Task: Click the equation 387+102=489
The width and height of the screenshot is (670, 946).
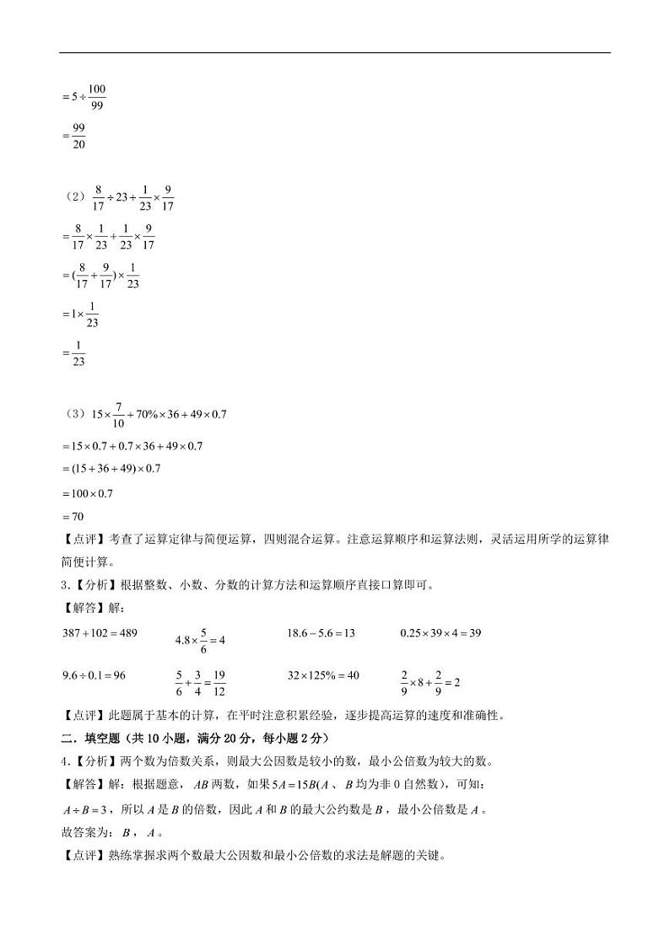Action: pyautogui.click(x=100, y=633)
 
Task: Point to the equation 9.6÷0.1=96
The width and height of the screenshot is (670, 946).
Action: pyautogui.click(x=94, y=675)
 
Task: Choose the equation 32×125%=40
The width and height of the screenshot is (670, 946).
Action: pyautogui.click(x=323, y=675)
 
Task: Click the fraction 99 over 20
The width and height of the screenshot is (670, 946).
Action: pyautogui.click(x=78, y=136)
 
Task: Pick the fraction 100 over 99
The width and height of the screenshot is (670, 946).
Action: pyautogui.click(x=96, y=97)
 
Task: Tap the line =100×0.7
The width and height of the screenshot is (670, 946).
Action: pyautogui.click(x=88, y=493)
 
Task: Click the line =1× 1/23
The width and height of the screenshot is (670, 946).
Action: pyautogui.click(x=81, y=314)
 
